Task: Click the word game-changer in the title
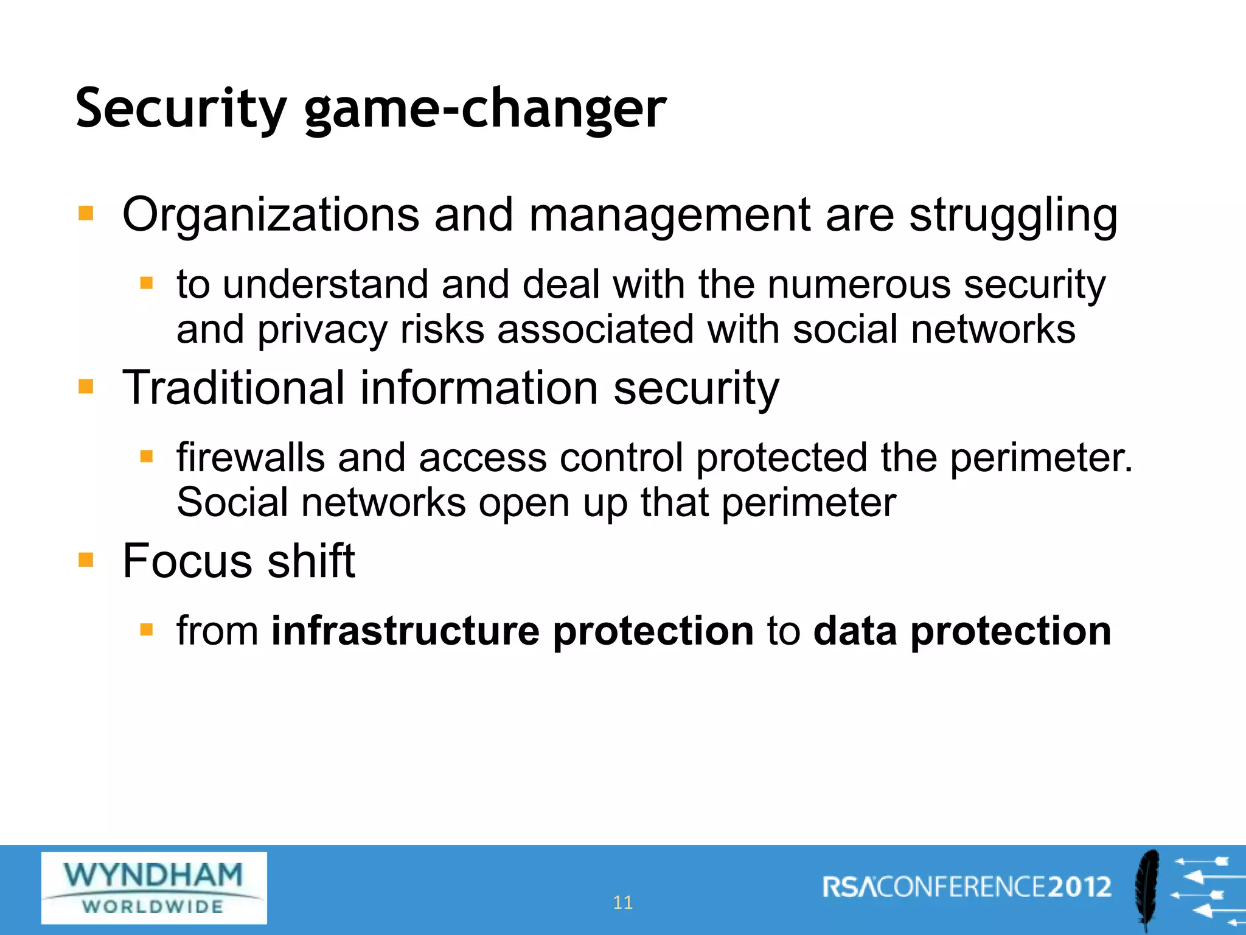click(x=485, y=110)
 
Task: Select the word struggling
click(x=1013, y=216)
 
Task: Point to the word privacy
click(x=322, y=331)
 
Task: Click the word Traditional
click(x=234, y=388)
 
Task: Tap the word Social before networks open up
click(x=232, y=503)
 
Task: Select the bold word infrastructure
click(x=405, y=631)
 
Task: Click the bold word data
click(x=855, y=631)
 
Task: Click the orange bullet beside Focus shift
click(x=86, y=559)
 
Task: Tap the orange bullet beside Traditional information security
click(x=86, y=387)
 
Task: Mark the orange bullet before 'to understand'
click(x=146, y=283)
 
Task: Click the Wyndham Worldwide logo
click(x=154, y=888)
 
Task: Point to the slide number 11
click(x=622, y=902)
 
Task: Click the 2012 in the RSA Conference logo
click(x=1079, y=887)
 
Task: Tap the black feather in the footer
click(x=1147, y=889)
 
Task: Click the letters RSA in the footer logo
click(x=849, y=887)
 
